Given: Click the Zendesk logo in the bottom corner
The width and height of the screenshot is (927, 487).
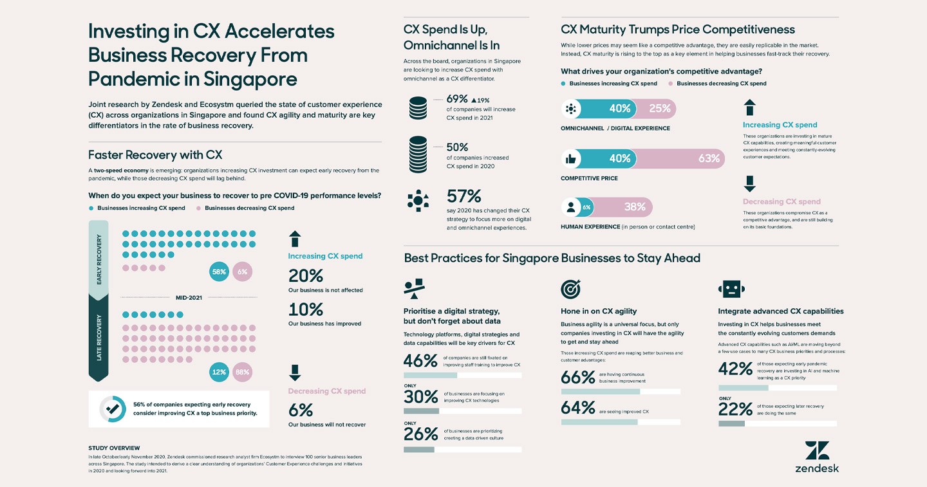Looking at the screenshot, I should point(816,457).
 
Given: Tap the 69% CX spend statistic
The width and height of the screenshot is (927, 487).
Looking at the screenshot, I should point(458,100).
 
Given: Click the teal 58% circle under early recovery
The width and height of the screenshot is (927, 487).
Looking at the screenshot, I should point(219,272).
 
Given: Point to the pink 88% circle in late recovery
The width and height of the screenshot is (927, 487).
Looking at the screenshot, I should point(242,372).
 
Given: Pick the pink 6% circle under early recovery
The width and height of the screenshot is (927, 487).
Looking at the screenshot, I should point(242,272).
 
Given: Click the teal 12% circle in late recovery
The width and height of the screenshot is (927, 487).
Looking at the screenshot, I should point(219,372).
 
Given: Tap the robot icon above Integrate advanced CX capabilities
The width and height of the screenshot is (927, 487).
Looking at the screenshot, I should point(733,289).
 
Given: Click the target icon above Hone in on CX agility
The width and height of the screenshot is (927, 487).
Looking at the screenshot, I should point(570,289).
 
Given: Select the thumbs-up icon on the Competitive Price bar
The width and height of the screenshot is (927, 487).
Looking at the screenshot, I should point(570,158).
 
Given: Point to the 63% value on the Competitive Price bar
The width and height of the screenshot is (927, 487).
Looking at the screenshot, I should point(708,158).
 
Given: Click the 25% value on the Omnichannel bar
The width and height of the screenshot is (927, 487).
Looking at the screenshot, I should point(659,109).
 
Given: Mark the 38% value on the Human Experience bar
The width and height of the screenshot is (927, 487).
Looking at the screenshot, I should point(635,207).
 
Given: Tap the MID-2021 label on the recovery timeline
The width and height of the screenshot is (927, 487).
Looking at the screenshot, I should point(189,297).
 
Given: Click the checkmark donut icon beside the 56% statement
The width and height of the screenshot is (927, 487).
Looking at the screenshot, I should point(113,409).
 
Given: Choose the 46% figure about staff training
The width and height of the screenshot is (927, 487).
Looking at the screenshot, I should point(420,360).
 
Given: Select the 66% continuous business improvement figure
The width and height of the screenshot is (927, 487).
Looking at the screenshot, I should point(577,377).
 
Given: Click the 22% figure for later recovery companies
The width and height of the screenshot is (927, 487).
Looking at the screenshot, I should point(735,409).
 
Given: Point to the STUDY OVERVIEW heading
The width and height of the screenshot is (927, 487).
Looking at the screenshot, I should point(114,448).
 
